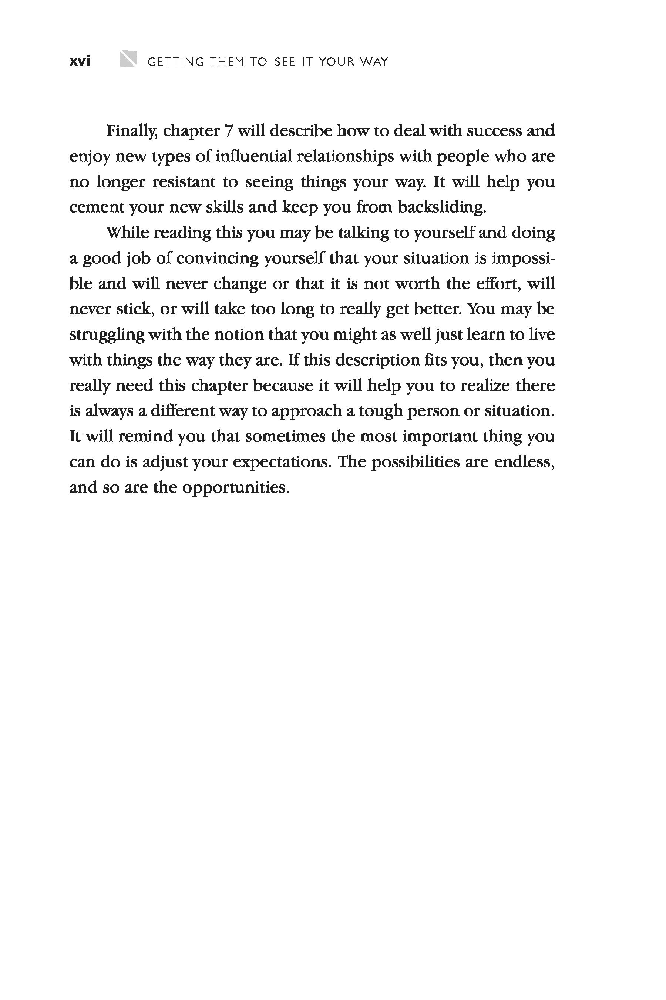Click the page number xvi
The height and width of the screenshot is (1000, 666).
tap(80, 61)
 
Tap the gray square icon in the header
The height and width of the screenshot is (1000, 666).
tap(128, 59)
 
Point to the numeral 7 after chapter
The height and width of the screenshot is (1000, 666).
tap(229, 131)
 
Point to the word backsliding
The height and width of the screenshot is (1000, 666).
tap(441, 207)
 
